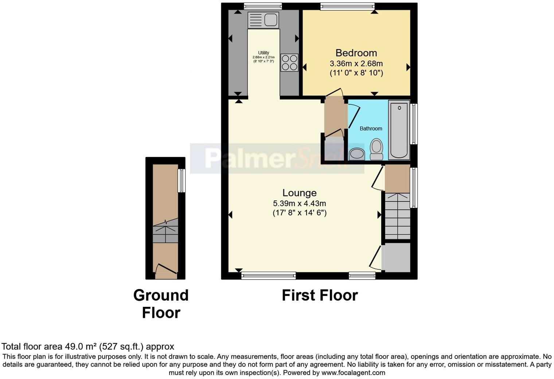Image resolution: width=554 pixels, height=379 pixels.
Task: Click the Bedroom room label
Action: pyautogui.click(x=356, y=53)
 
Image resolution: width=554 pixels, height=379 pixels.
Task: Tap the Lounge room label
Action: pyautogui.click(x=300, y=193)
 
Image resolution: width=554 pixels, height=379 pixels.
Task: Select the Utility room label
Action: pyautogui.click(x=263, y=53)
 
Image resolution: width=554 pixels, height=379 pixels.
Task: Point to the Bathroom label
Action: pyautogui.click(x=371, y=129)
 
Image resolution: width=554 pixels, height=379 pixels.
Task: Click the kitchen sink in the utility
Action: pyautogui.click(x=263, y=20)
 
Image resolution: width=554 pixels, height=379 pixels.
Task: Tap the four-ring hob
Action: pyautogui.click(x=289, y=62)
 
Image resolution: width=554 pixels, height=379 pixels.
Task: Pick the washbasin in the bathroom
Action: pyautogui.click(x=357, y=154)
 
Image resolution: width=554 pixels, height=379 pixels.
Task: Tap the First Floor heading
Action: pyautogui.click(x=320, y=295)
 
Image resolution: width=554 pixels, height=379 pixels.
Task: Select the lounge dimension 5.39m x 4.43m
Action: pyautogui.click(x=300, y=203)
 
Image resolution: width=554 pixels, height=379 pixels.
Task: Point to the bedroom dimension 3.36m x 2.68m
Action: pyautogui.click(x=356, y=64)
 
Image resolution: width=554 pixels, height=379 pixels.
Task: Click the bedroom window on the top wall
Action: pyautogui.click(x=347, y=6)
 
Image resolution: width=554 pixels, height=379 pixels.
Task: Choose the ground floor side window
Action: pyautogui.click(x=182, y=180)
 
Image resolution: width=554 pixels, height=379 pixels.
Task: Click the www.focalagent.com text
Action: pyautogui.click(x=353, y=373)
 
